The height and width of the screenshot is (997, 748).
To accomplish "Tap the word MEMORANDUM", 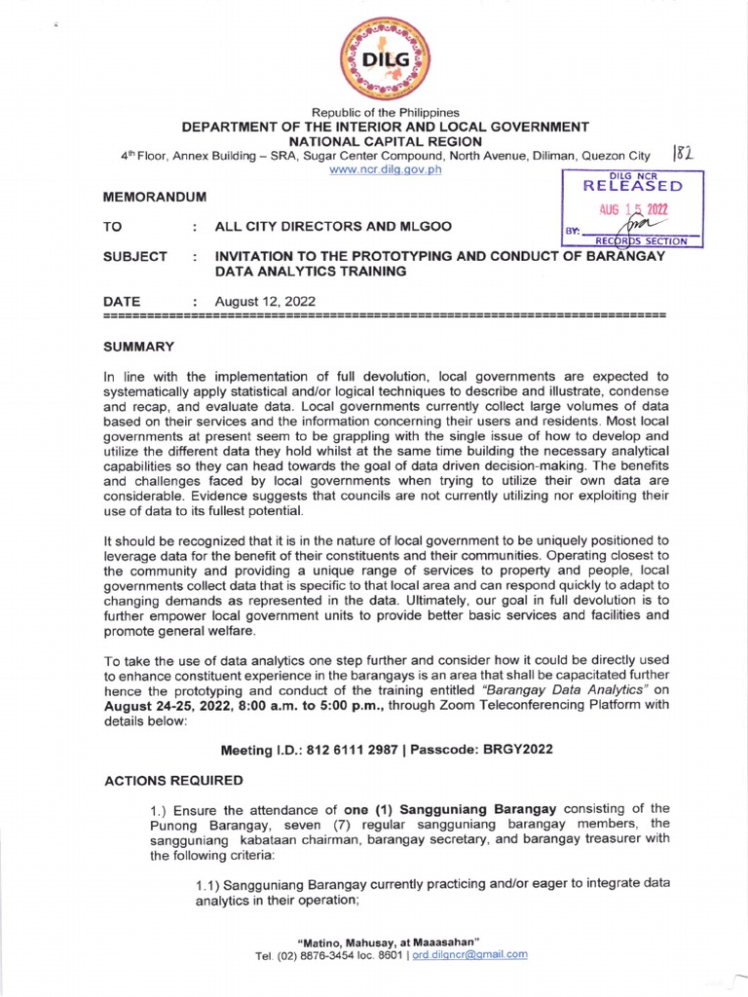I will [154, 197].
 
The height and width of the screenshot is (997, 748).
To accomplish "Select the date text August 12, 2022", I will [265, 302].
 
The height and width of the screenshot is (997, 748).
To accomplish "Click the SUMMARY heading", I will [138, 347].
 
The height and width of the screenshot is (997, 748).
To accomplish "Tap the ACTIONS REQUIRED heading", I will [173, 781].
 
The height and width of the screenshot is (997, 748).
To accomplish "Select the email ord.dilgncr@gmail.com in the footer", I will [470, 954].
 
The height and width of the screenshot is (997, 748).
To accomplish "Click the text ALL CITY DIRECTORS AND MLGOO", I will [333, 226].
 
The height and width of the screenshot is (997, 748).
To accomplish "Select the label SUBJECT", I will [135, 256].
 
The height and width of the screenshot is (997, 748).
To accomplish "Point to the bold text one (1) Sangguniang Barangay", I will [458, 807].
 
